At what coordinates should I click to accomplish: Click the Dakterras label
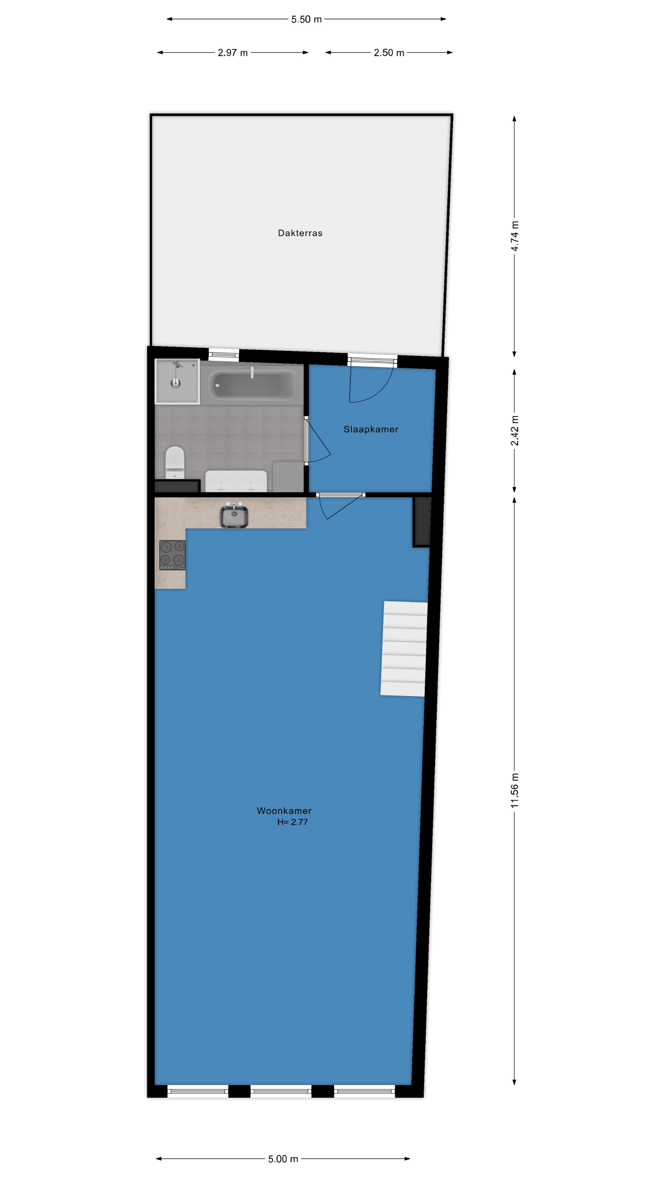point(300,233)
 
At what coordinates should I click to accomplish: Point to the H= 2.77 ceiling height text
point(292,822)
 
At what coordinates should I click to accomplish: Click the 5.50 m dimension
point(306,19)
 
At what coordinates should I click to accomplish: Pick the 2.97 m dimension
point(233,52)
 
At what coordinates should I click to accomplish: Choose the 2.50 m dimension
point(389,52)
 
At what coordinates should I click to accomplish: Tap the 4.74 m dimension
point(515,236)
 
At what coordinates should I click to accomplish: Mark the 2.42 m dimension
point(515,430)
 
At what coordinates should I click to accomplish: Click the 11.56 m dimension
point(515,790)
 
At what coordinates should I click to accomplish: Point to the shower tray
point(177,381)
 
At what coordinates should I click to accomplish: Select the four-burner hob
point(172,555)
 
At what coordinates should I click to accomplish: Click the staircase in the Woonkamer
point(404,649)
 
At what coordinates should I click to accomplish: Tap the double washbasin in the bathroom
point(236,481)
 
